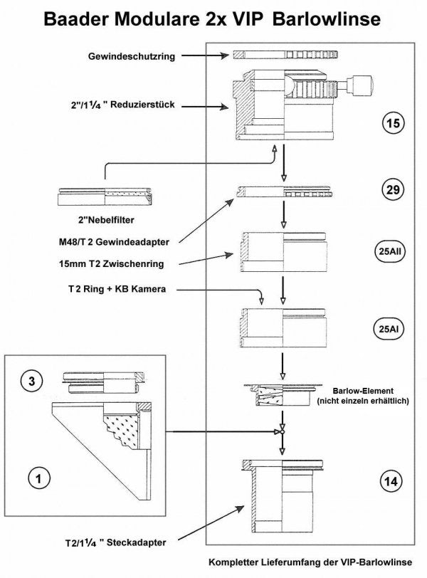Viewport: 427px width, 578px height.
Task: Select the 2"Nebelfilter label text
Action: tap(105, 220)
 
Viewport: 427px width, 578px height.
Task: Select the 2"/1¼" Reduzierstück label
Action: tap(118, 105)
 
